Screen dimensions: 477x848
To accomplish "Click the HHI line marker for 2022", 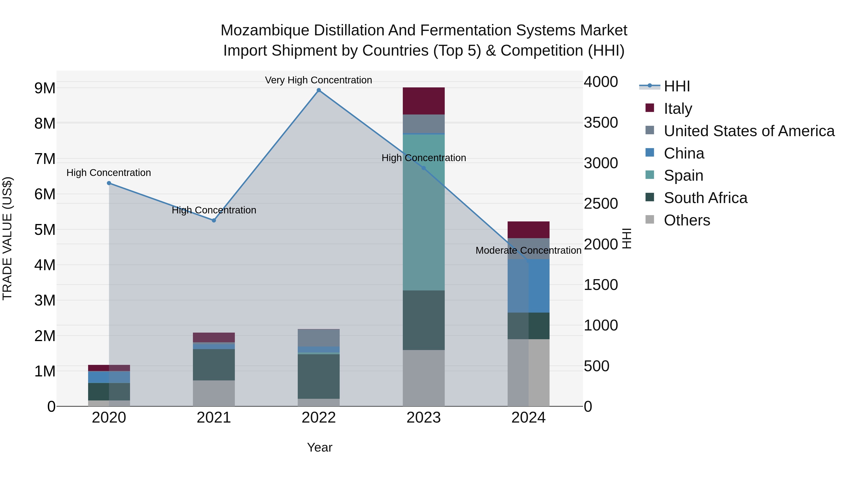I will [x=319, y=90].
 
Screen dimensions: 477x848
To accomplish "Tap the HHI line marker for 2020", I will [x=109, y=183].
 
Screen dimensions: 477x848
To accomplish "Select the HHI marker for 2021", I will [x=214, y=220].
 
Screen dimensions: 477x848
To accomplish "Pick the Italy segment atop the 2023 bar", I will [x=424, y=101].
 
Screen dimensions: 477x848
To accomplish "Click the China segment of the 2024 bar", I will [x=528, y=286].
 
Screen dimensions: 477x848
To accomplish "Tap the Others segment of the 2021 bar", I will [x=214, y=393].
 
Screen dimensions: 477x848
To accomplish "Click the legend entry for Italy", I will [x=678, y=108].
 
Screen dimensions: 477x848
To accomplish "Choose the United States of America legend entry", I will [x=749, y=131].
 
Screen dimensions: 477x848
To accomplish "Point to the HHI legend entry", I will [x=677, y=86].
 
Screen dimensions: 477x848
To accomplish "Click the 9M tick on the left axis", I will [x=45, y=88].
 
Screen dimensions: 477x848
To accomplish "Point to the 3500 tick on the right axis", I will [x=601, y=122].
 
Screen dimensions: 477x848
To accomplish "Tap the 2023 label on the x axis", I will [x=424, y=418].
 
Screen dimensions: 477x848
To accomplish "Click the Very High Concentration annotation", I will [x=319, y=80].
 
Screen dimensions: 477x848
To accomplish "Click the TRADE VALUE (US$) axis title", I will [x=7, y=238].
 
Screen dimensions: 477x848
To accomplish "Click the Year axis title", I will [x=320, y=447].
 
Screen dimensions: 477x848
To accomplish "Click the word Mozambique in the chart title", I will [x=265, y=30].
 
